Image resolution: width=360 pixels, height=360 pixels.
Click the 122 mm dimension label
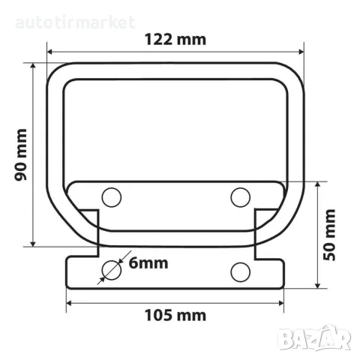pyautogui.click(x=175, y=40)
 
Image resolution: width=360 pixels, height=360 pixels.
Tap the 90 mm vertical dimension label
pyautogui.click(x=21, y=154)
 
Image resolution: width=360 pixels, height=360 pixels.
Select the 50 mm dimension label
pyautogui.click(x=329, y=235)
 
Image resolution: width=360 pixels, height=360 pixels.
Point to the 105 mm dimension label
pyautogui.click(x=175, y=315)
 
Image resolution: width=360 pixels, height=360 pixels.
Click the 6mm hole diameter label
pyautogui.click(x=148, y=263)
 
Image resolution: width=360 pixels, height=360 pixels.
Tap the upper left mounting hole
pyautogui.click(x=112, y=197)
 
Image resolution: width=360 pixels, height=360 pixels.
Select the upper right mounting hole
pyautogui.click(x=241, y=197)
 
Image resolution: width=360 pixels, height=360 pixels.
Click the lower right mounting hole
pyautogui.click(x=241, y=272)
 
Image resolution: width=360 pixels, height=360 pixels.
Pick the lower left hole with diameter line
pyautogui.click(x=112, y=271)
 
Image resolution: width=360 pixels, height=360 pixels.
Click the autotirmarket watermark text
pyautogui.click(x=75, y=22)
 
